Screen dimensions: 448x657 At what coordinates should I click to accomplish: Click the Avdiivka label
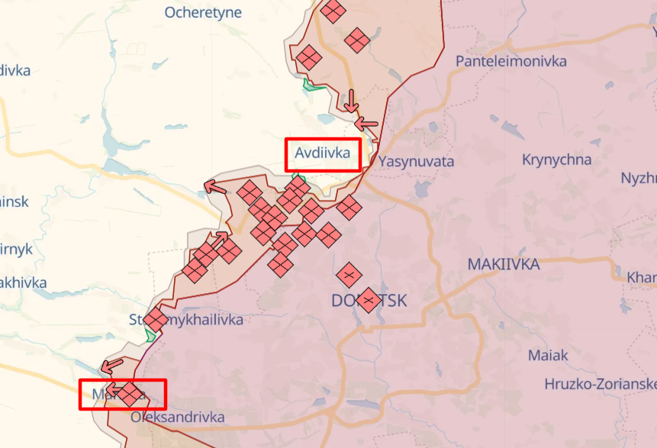pos(322,153)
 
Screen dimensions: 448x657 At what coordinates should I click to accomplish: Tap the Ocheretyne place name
pos(203,12)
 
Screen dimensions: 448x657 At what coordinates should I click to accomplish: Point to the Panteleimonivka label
pos(510,61)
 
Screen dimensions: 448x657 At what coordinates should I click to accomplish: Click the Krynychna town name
pos(556,160)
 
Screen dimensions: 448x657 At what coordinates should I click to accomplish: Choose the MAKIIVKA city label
pos(503,264)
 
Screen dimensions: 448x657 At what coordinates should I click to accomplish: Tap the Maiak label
pos(548,355)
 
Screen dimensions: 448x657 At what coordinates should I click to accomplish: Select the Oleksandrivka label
pos(178,417)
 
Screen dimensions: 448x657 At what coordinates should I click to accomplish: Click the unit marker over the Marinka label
pos(130,394)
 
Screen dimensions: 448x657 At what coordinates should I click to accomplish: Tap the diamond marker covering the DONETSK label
pos(369,300)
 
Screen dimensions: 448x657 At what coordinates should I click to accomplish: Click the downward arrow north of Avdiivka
pos(351,101)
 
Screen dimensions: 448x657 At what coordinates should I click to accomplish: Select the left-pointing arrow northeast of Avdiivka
pos(367,123)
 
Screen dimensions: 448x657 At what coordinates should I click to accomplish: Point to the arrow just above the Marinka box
pos(112,366)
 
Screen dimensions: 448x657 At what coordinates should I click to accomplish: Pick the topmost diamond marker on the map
pos(333,10)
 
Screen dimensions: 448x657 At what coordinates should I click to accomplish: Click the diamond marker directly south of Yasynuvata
pos(349,207)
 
